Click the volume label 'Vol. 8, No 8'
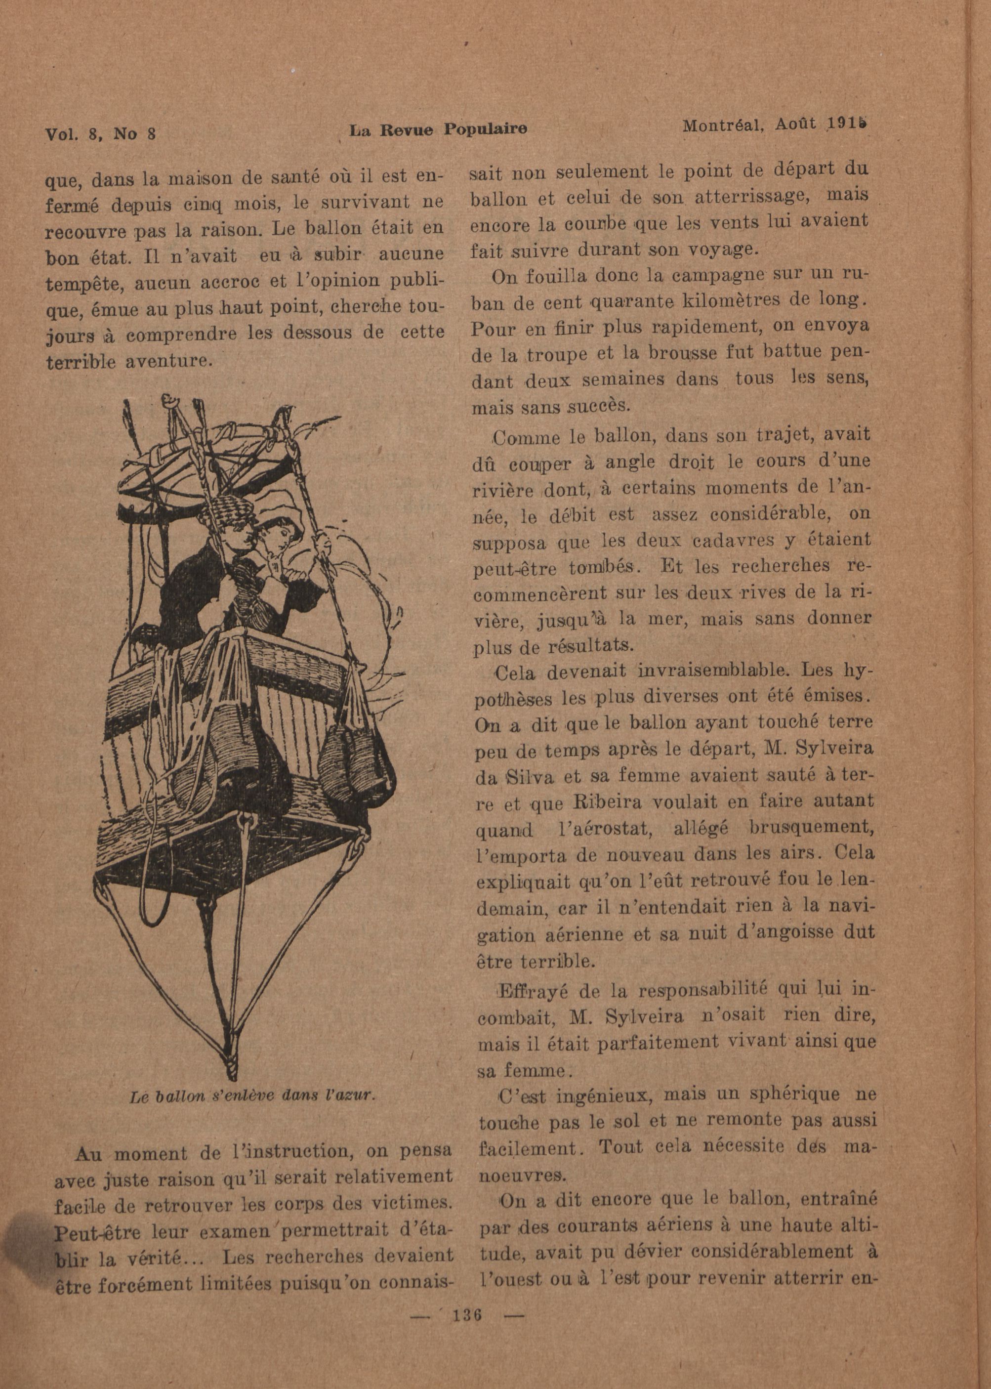pos(101,133)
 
